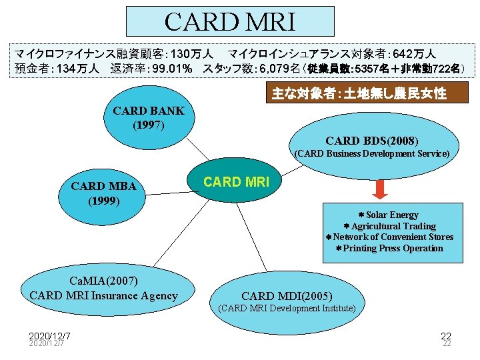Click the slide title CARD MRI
click(x=229, y=22)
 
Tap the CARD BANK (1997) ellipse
click(x=149, y=117)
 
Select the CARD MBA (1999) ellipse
click(x=104, y=193)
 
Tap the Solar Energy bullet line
click(x=389, y=215)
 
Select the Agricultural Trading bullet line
click(x=389, y=226)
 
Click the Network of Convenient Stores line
click(x=389, y=237)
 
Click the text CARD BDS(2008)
click(x=372, y=141)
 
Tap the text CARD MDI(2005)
click(x=287, y=295)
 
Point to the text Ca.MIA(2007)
click(x=104, y=282)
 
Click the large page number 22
click(x=445, y=335)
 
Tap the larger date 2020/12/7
click(x=50, y=335)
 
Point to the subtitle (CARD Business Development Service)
click(x=372, y=153)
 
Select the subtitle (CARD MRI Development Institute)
click(x=287, y=308)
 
